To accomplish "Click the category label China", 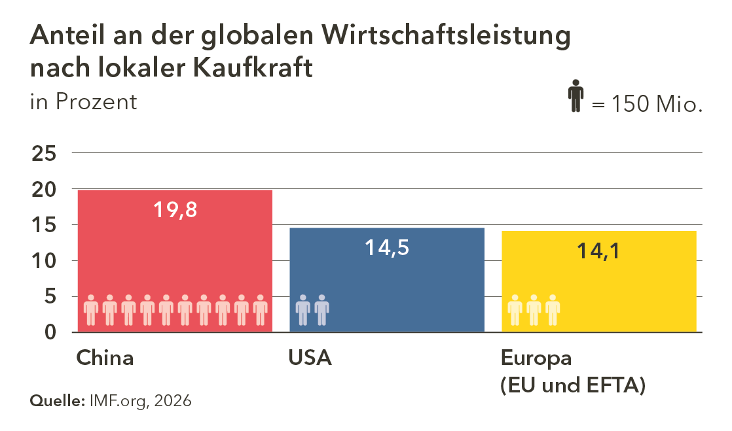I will (x=105, y=358).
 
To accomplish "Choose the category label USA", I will (x=310, y=358).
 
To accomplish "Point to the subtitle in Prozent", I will (x=84, y=102).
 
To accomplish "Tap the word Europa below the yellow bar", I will (x=536, y=358).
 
